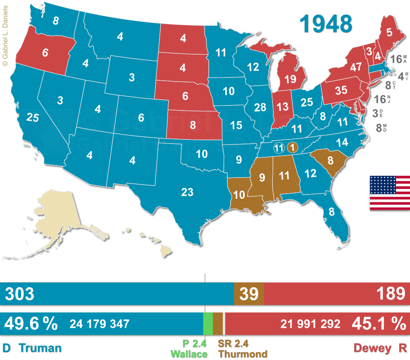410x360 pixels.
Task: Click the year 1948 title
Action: (x=326, y=24)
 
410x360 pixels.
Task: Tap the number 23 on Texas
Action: (x=187, y=192)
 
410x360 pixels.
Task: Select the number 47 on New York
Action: (x=356, y=67)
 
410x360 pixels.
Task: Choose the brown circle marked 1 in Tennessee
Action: (x=292, y=147)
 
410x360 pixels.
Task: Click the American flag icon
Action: (x=389, y=193)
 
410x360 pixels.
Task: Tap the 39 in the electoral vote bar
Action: (x=249, y=294)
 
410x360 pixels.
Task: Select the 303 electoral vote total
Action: (x=19, y=294)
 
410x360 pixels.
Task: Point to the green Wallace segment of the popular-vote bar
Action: (x=207, y=324)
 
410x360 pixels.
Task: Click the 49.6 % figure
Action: (x=31, y=324)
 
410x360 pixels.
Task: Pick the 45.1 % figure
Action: (x=379, y=324)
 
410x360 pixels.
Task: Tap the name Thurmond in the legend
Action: (x=243, y=354)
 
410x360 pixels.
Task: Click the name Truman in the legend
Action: (x=40, y=348)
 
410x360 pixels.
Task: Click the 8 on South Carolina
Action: (x=330, y=160)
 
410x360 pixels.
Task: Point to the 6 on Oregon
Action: (x=45, y=53)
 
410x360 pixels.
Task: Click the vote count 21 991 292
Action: (x=310, y=324)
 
